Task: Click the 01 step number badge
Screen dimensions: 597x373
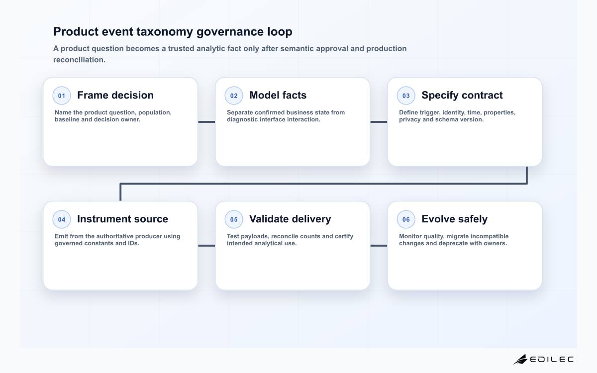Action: point(62,95)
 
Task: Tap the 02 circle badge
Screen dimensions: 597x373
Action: point(234,95)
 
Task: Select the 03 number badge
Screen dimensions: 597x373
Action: point(406,95)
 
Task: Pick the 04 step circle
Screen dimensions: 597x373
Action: point(62,219)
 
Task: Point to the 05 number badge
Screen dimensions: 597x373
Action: point(234,219)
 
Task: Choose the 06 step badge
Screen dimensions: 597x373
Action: point(406,219)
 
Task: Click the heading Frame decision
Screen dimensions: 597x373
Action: point(115,95)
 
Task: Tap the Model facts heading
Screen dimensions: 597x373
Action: point(278,95)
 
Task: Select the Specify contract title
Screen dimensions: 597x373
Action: point(462,95)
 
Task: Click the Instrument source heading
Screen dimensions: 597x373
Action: point(122,219)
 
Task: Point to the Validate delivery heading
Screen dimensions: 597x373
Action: point(290,219)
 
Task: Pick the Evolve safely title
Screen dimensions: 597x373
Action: point(454,219)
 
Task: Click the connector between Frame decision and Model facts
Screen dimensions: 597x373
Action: point(206,122)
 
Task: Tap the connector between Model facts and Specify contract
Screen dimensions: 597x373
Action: point(379,122)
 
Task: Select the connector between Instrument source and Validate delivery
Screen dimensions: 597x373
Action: point(206,246)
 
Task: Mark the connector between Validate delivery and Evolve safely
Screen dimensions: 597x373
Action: point(379,246)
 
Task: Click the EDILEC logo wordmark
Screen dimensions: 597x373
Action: point(551,360)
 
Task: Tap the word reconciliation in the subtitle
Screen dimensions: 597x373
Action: point(79,60)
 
